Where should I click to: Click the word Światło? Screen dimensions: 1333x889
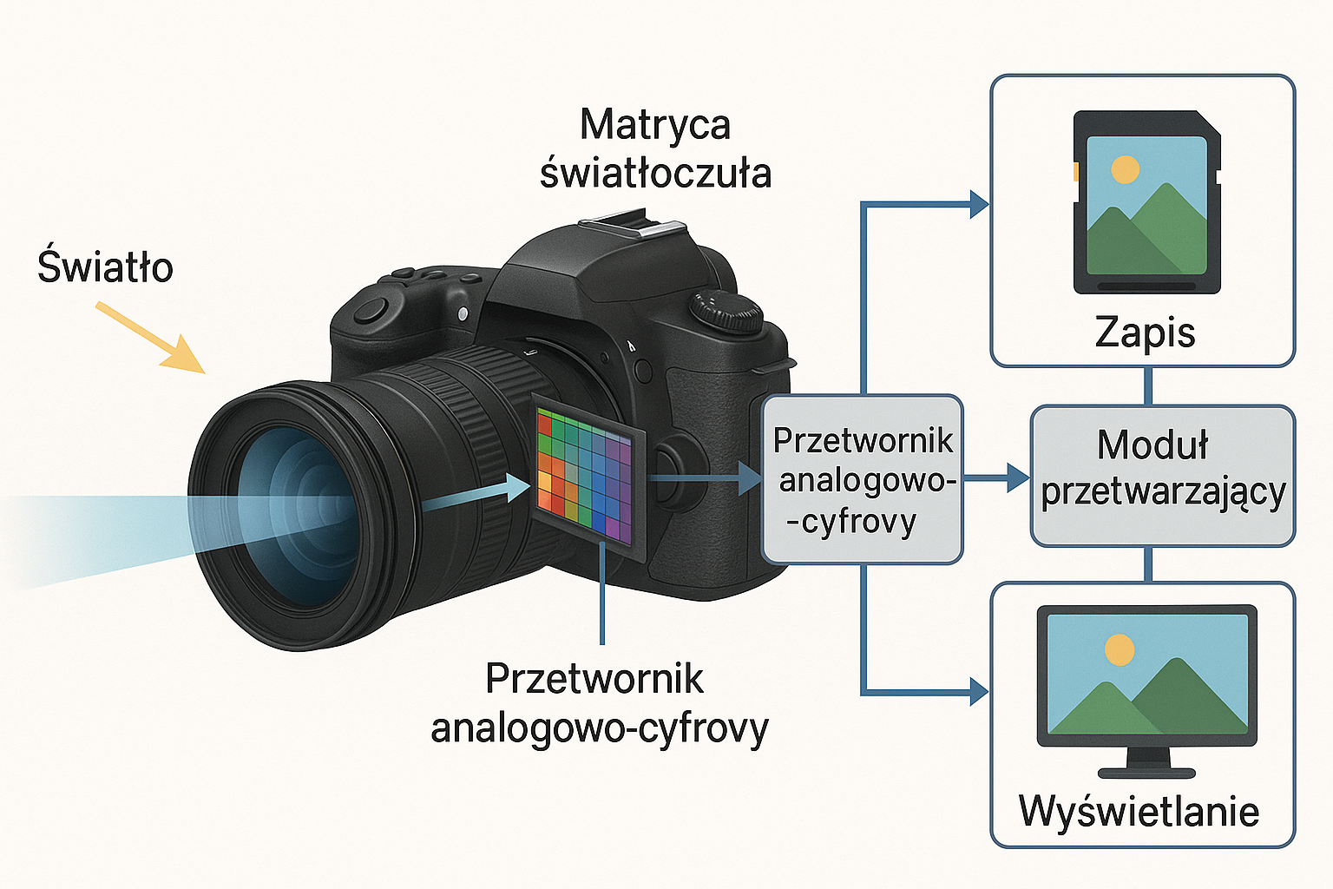(105, 266)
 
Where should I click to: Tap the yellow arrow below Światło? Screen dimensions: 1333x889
(150, 338)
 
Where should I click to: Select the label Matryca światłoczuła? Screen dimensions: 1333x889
(655, 148)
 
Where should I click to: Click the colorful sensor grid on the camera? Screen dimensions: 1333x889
(584, 477)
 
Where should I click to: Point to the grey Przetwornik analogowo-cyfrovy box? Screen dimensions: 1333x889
(863, 479)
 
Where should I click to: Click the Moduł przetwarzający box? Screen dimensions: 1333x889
(1163, 477)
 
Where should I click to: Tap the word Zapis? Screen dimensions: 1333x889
(1145, 333)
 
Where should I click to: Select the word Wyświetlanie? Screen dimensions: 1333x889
(1139, 810)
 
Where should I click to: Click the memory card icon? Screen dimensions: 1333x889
(1146, 202)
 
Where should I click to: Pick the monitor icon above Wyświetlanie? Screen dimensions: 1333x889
(1146, 691)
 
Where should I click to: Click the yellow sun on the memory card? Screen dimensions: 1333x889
(1126, 169)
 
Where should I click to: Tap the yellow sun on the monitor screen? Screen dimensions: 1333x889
(1120, 649)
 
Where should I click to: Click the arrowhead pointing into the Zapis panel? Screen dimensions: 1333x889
(979, 205)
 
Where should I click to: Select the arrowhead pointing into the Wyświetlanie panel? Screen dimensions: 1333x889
(979, 692)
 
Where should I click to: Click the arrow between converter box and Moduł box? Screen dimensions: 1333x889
(996, 477)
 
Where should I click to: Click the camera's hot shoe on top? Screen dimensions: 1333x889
(633, 225)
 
